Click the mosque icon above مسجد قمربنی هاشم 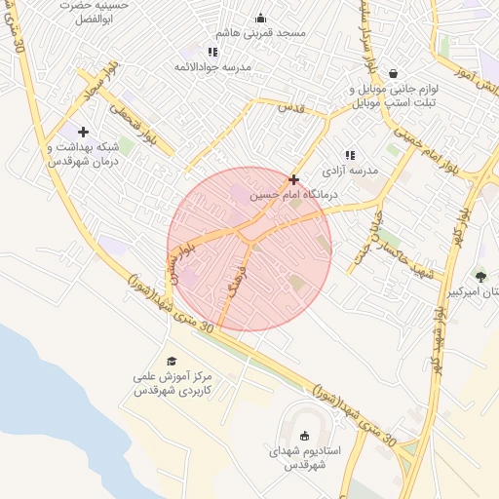click(x=260, y=18)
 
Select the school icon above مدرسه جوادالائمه click(x=213, y=51)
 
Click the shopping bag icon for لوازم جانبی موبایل click(x=393, y=73)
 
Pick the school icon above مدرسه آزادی click(x=350, y=154)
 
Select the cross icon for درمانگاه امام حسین click(x=294, y=179)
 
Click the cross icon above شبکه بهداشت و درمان click(x=83, y=132)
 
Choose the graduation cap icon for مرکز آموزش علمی click(x=173, y=362)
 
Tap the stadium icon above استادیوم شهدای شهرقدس click(x=304, y=437)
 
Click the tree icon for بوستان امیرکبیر click(x=480, y=276)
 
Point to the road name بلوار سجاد click(x=98, y=83)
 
